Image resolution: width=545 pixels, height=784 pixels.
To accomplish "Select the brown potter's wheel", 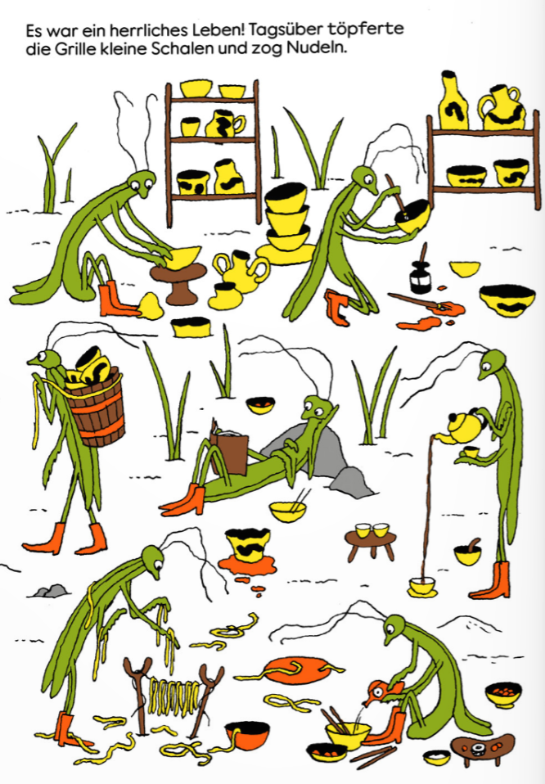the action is pyautogui.click(x=178, y=283).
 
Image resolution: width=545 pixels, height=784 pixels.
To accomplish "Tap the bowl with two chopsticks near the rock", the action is pyautogui.click(x=288, y=510).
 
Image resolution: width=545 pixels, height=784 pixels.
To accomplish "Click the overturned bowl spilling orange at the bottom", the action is pyautogui.click(x=247, y=736).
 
